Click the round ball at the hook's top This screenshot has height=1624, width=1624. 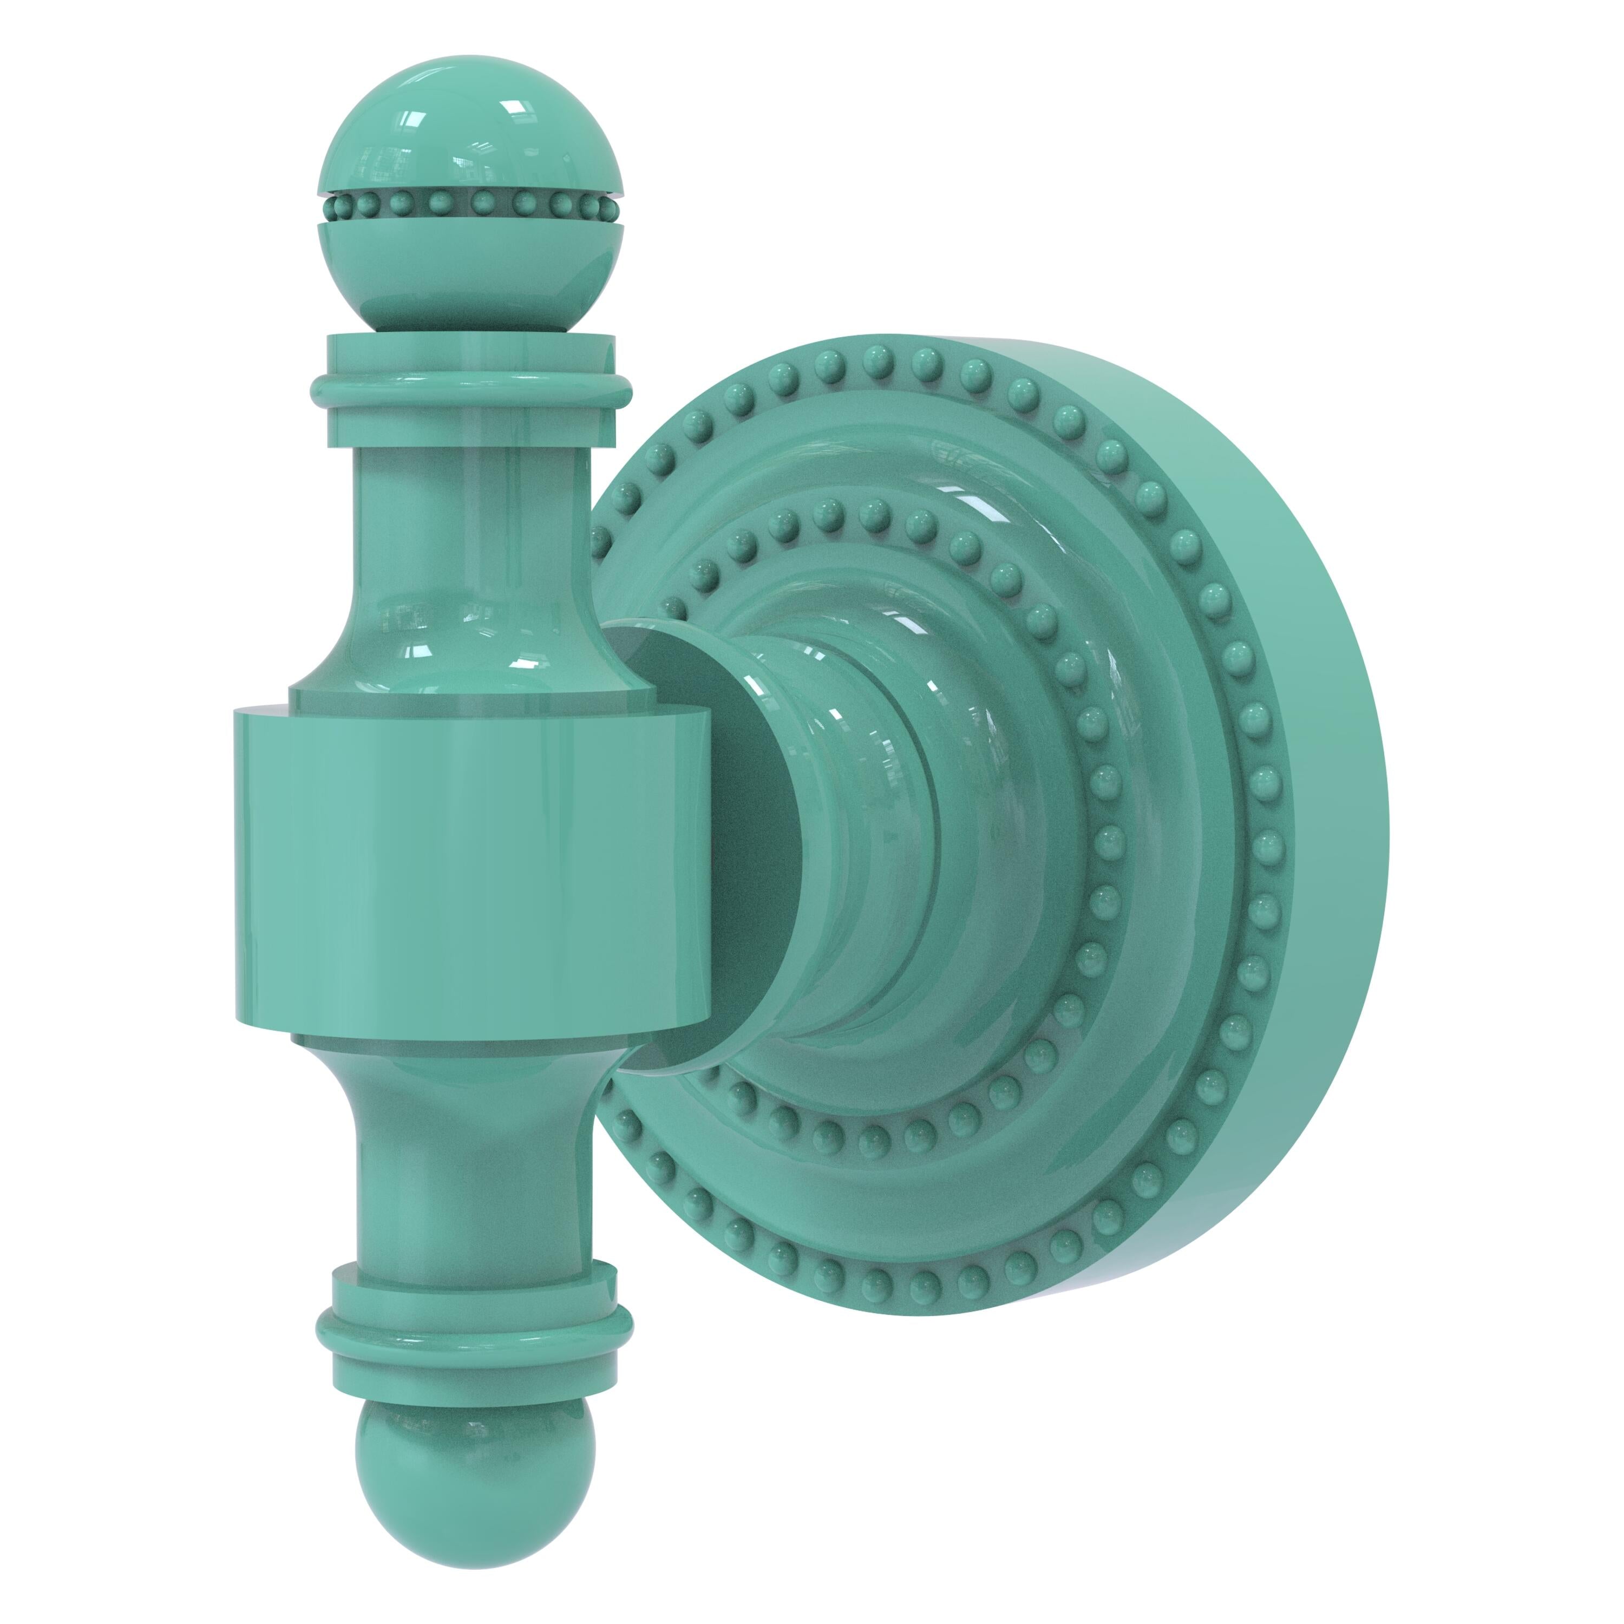[471, 134]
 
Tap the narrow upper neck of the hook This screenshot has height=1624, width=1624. [471, 521]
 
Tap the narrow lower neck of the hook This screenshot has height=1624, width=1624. [475, 1177]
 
